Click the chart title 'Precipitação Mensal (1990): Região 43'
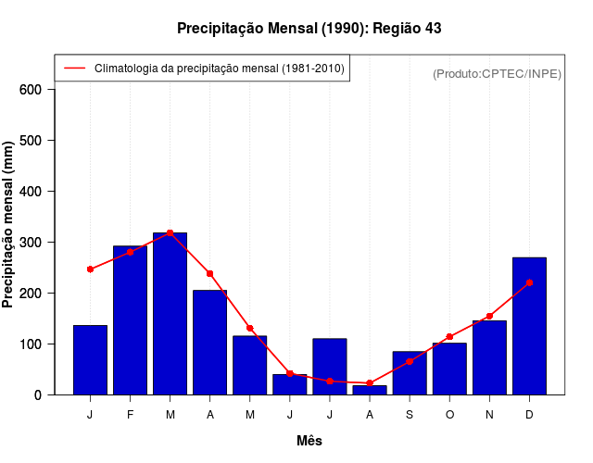pyautogui.click(x=309, y=29)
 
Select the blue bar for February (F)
pyautogui.click(x=130, y=320)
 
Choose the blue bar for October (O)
pyautogui.click(x=449, y=369)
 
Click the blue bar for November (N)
pyautogui.click(x=489, y=357)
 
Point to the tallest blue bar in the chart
pyautogui.click(x=170, y=314)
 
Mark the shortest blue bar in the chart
pyautogui.click(x=370, y=390)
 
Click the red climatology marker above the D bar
pyautogui.click(x=529, y=282)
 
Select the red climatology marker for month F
pyautogui.click(x=130, y=252)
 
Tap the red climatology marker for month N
pyautogui.click(x=489, y=316)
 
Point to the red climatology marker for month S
pyautogui.click(x=410, y=361)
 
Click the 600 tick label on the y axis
pyautogui.click(x=31, y=90)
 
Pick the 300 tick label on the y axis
pyautogui.click(x=31, y=243)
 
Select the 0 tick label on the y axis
pyautogui.click(x=38, y=395)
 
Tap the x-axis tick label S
pyautogui.click(x=410, y=415)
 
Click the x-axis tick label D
pyautogui.click(x=529, y=415)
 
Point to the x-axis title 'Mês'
pyautogui.click(x=309, y=441)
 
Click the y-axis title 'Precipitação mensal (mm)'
pyautogui.click(x=9, y=225)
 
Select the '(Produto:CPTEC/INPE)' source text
pyautogui.click(x=497, y=73)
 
